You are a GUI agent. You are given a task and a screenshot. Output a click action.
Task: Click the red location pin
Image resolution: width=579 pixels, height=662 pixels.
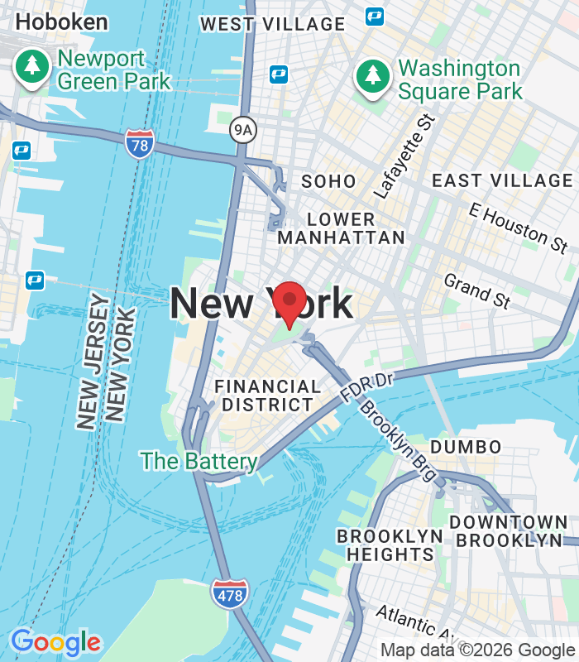click(x=289, y=304)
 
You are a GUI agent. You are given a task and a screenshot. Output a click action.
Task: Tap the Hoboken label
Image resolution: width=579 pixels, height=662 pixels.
click(x=61, y=22)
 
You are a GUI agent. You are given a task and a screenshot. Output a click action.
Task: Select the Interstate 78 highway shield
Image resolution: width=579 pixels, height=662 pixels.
click(x=140, y=144)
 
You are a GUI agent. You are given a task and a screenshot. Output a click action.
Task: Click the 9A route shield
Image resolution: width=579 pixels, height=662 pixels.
click(x=242, y=128)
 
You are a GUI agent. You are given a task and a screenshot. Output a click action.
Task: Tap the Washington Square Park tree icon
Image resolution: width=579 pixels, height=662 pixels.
click(x=373, y=77)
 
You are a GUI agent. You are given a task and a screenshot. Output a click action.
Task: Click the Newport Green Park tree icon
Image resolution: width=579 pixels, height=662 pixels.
click(x=33, y=66)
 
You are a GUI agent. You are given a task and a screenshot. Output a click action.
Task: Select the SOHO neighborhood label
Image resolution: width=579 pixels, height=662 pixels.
click(x=328, y=181)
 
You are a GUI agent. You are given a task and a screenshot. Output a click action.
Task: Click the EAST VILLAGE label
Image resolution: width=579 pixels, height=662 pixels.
click(x=502, y=180)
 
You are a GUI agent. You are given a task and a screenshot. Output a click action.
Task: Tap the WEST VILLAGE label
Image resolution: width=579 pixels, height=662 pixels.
click(x=272, y=24)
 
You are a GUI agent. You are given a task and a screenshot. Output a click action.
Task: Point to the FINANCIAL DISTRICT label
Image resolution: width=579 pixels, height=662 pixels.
click(x=267, y=396)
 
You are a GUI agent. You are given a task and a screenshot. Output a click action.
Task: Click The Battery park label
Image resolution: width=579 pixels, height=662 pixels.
click(x=199, y=461)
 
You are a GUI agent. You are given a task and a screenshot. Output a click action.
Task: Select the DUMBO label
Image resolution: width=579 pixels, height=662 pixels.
click(x=466, y=447)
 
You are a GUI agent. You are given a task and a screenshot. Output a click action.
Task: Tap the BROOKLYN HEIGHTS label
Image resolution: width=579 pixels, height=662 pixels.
click(x=390, y=545)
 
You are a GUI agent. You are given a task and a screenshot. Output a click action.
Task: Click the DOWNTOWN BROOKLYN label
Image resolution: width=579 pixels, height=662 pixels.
click(x=509, y=531)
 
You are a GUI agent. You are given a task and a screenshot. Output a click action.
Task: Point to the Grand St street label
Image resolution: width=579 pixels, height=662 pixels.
click(x=476, y=291)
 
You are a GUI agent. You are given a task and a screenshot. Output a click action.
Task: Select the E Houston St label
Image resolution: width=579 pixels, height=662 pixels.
click(x=518, y=226)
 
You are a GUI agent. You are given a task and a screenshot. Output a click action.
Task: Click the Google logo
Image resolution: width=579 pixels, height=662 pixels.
click(x=55, y=642)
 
